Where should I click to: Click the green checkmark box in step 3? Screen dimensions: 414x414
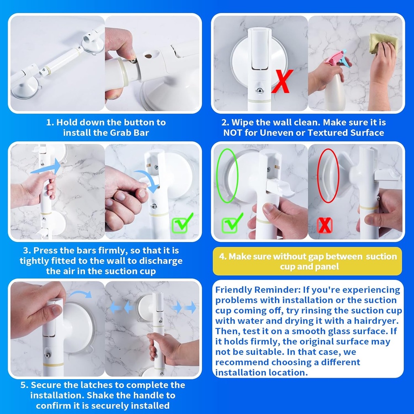182,224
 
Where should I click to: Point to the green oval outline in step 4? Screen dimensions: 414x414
227,175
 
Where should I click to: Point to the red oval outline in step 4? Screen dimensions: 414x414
327,175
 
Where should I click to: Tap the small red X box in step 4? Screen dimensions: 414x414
325,225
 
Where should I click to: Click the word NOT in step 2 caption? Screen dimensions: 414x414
234,133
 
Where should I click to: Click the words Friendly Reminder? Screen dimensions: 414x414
247,290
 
